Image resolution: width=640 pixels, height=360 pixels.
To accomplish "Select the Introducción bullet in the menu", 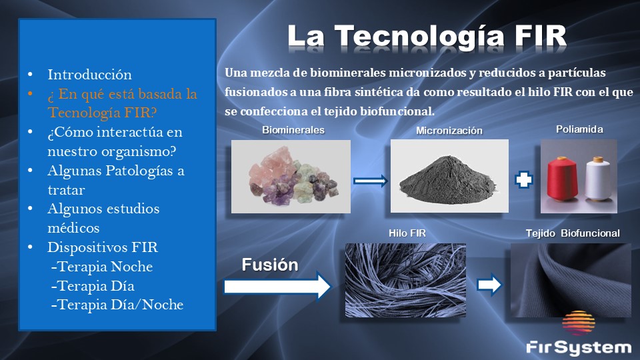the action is [x=89, y=74].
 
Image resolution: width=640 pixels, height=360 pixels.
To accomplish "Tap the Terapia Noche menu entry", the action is [x=102, y=267].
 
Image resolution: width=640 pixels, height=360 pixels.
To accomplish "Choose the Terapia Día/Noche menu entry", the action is [x=117, y=305].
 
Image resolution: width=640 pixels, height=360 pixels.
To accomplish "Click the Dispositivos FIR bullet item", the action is [x=103, y=247].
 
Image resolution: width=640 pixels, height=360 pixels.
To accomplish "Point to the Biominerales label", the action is [x=293, y=130].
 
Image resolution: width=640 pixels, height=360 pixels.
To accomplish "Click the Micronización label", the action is [x=449, y=131].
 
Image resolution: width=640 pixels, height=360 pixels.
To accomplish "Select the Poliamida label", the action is [x=579, y=129].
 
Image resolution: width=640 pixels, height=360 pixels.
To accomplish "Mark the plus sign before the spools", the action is [x=524, y=180].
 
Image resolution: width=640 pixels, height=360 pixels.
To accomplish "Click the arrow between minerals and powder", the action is [x=370, y=181].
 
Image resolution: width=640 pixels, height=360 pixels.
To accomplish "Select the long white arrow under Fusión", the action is [x=277, y=287].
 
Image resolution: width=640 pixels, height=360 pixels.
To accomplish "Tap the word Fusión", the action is [x=270, y=265].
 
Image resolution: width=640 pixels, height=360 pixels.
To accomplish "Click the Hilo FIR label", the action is [x=407, y=233].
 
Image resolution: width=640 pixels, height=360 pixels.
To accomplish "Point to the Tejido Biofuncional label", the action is [x=573, y=233].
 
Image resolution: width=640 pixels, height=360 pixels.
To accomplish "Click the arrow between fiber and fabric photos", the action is [x=489, y=285].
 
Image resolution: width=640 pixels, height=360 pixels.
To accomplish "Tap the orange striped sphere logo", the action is [x=579, y=323].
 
